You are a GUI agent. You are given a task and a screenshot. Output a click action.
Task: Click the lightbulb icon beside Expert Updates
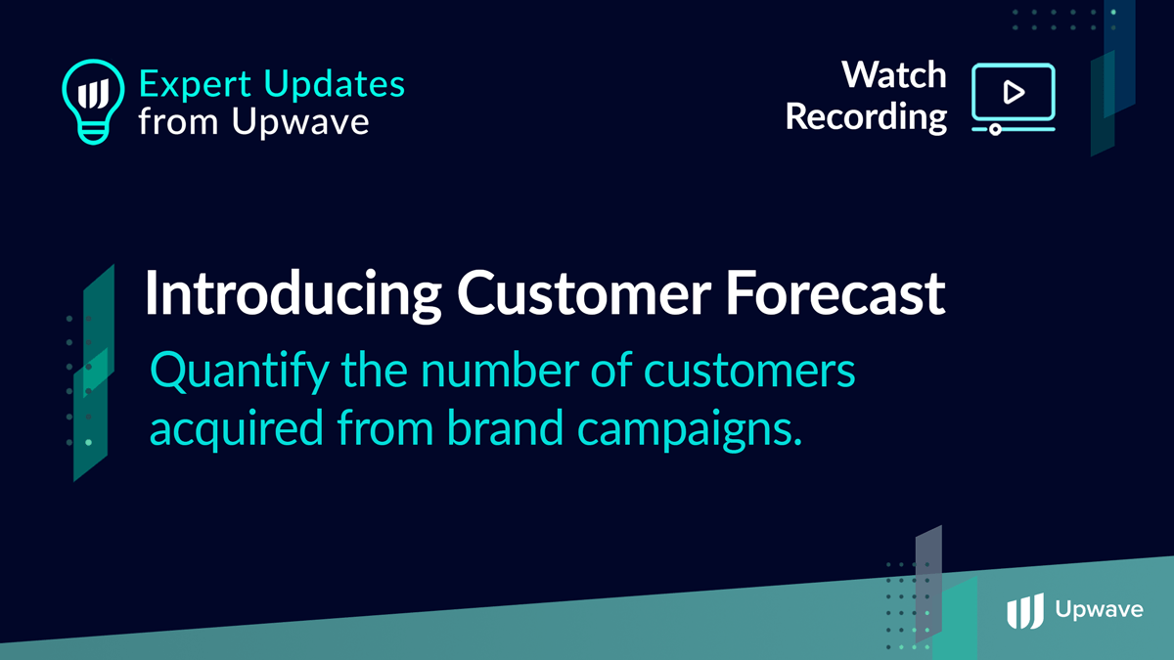pyautogui.click(x=93, y=101)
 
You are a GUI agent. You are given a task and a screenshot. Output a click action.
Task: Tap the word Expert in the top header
pyautogui.click(x=195, y=85)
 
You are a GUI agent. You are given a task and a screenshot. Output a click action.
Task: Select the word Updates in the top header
pyautogui.click(x=335, y=83)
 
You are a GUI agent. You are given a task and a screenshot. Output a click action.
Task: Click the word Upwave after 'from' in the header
pyautogui.click(x=300, y=121)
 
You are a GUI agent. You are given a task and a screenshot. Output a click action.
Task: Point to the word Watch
pyautogui.click(x=894, y=75)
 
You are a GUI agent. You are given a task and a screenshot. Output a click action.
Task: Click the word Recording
pyautogui.click(x=867, y=116)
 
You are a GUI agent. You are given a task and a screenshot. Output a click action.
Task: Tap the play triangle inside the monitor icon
pyautogui.click(x=1014, y=93)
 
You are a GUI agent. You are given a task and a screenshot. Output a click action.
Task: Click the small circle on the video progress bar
pyautogui.click(x=995, y=129)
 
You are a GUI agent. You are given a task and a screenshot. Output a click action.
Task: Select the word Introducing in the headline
pyautogui.click(x=293, y=294)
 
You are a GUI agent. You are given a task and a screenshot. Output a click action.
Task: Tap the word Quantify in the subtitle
pyautogui.click(x=240, y=372)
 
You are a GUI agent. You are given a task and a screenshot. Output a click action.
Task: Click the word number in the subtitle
pyautogui.click(x=500, y=370)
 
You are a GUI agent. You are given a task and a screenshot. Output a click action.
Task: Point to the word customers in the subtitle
pyautogui.click(x=749, y=371)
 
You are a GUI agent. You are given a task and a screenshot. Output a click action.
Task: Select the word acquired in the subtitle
pyautogui.click(x=237, y=429)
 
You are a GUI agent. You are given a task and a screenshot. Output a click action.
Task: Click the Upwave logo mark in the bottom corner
pyautogui.click(x=1025, y=611)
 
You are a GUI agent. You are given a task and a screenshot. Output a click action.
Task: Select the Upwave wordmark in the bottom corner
pyautogui.click(x=1099, y=610)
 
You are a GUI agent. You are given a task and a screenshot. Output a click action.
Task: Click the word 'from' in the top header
pyautogui.click(x=178, y=121)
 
